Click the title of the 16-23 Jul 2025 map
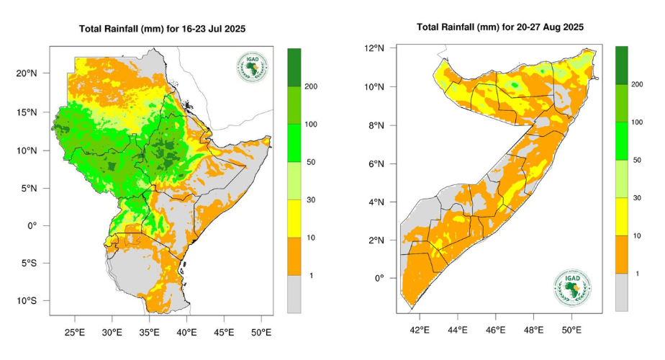(163, 30)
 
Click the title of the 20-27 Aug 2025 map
(500, 27)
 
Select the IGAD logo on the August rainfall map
(573, 288)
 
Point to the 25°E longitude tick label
(75, 332)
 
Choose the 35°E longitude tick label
(150, 332)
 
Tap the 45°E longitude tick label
(224, 332)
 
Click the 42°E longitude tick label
(420, 330)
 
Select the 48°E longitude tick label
(534, 330)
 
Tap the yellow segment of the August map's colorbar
(622, 217)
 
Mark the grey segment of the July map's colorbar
(294, 294)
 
